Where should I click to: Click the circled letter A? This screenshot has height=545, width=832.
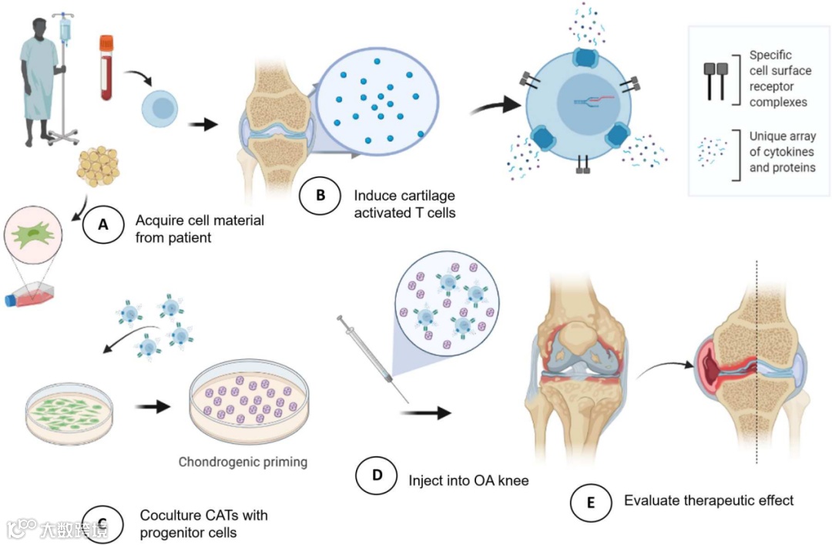(102, 225)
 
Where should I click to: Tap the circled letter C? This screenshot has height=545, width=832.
(102, 519)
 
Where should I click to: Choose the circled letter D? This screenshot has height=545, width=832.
(377, 476)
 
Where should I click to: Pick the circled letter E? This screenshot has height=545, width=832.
(591, 503)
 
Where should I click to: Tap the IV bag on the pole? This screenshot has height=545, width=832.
(65, 29)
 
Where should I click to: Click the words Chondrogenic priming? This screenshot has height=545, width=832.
(243, 463)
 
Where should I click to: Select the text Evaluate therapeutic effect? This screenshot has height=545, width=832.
(708, 500)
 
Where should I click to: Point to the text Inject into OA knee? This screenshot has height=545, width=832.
(469, 479)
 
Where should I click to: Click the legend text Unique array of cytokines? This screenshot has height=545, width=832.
(781, 152)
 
